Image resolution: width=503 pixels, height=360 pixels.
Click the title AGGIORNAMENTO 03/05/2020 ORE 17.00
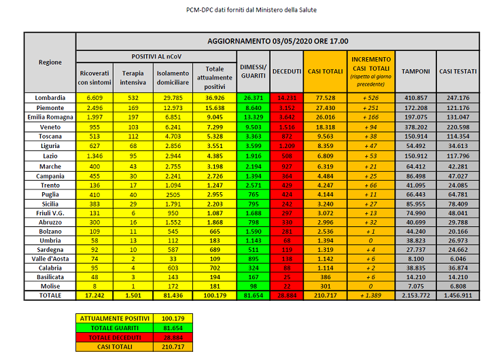click(x=277, y=41)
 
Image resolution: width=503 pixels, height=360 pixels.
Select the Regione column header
click(x=50, y=62)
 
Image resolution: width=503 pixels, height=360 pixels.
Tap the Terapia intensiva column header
click(x=133, y=77)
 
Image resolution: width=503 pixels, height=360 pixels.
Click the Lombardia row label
click(x=50, y=98)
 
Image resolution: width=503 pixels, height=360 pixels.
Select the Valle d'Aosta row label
click(x=50, y=259)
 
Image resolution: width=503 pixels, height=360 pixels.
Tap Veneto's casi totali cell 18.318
click(x=325, y=126)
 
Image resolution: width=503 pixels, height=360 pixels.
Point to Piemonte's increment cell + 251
click(x=370, y=107)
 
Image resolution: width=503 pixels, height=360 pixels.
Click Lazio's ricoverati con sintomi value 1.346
click(x=94, y=155)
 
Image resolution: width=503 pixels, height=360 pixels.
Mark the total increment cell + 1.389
click(x=370, y=296)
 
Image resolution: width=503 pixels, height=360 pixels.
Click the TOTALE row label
click(x=50, y=296)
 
